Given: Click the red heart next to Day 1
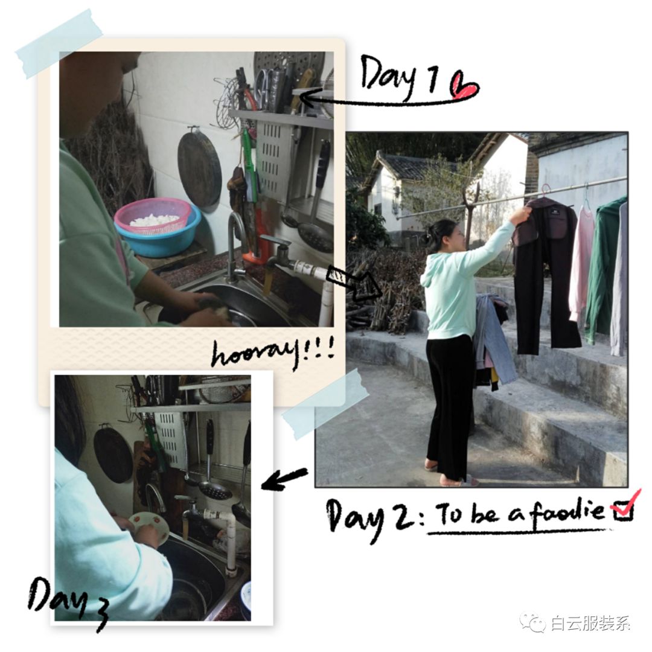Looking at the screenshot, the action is (x=464, y=86).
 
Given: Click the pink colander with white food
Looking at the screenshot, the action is (x=152, y=216).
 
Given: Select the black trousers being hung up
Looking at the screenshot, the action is (x=545, y=275).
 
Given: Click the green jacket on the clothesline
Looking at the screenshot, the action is (x=605, y=266).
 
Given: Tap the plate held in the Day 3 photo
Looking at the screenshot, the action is (x=148, y=528).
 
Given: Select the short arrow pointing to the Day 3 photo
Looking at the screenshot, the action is (x=284, y=478).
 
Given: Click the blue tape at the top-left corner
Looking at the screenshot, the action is (x=59, y=43).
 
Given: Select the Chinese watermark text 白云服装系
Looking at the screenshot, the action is (x=590, y=623).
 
